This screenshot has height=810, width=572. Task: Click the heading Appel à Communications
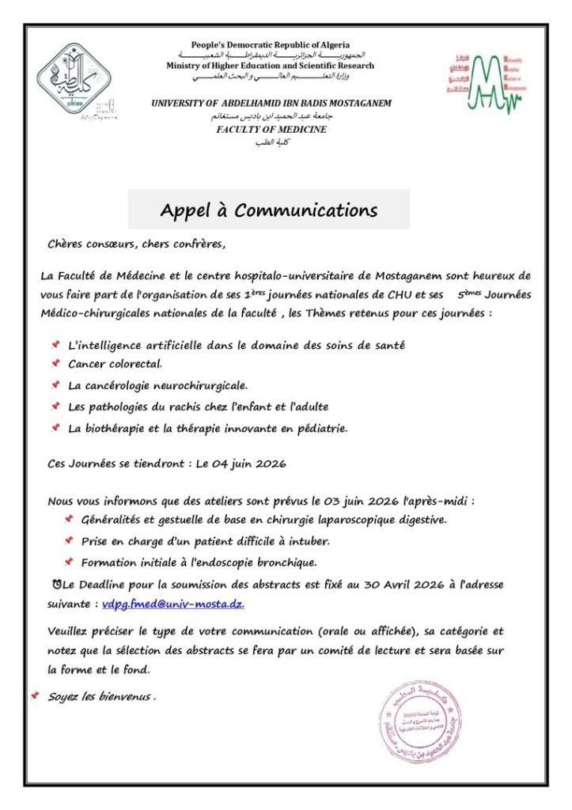(269, 210)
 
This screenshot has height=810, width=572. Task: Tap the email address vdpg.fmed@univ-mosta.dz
(173, 604)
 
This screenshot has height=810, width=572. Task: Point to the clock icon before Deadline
(54, 585)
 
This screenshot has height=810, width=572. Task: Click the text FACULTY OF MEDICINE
(271, 129)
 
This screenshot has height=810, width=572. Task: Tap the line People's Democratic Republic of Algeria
(271, 45)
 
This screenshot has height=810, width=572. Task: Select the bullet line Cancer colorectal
(115, 364)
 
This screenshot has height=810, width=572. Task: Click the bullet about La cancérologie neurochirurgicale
(157, 385)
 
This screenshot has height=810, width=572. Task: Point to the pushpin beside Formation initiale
(69, 562)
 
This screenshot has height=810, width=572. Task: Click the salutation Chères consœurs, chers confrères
(136, 244)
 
